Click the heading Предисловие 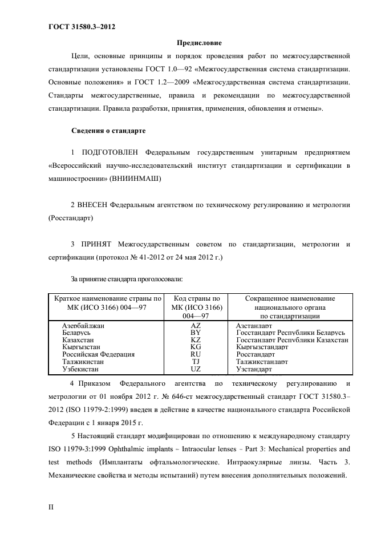coord(198,43)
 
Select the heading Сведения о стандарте coord(108,131)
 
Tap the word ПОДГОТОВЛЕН coord(112,153)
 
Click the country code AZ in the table coord(196,325)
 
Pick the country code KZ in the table coord(196,339)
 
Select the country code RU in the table coord(196,354)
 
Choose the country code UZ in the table coord(196,369)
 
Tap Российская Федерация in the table coord(98,354)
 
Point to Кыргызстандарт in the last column coord(262,347)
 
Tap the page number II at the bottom coord(52,506)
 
